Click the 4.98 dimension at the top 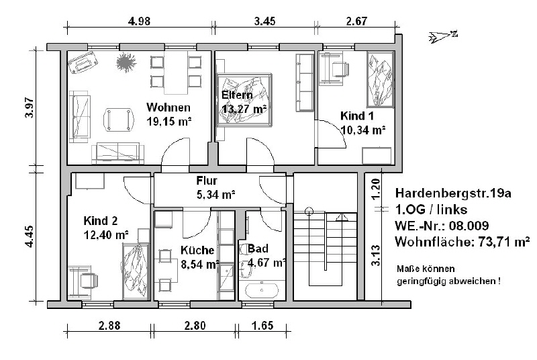(x=139, y=21)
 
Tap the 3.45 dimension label (x=264, y=21)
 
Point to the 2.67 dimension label (x=356, y=21)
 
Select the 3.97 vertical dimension (x=30, y=108)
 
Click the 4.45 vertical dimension (x=30, y=236)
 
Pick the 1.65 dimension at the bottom (x=262, y=325)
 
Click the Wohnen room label (x=168, y=107)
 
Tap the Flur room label (x=207, y=181)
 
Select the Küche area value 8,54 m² (x=200, y=265)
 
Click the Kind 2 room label (x=100, y=220)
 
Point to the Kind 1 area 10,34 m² (x=363, y=130)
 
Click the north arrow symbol (x=443, y=36)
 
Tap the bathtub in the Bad (x=262, y=291)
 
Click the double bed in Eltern (x=244, y=100)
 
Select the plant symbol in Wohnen (x=126, y=62)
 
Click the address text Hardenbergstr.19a (x=453, y=193)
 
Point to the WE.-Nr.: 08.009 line (x=442, y=226)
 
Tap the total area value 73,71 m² (x=504, y=242)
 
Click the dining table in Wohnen (x=176, y=73)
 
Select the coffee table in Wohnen (x=119, y=120)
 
